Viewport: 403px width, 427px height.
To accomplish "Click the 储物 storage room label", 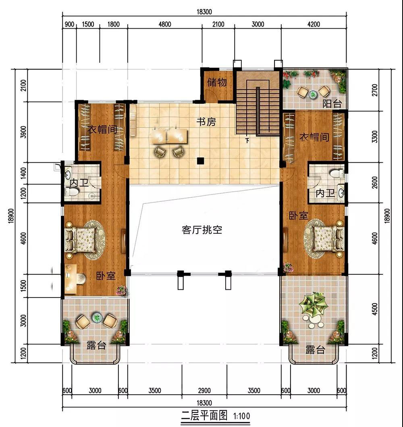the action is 217,82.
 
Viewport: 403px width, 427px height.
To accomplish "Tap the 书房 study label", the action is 206,122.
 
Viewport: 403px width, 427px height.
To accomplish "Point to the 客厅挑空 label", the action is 202,230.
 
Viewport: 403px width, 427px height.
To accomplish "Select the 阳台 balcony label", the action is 332,103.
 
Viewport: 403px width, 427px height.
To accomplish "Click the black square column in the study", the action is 200,161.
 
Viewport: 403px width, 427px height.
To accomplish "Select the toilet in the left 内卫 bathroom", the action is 72,193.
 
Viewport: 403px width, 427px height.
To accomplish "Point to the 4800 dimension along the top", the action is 165,24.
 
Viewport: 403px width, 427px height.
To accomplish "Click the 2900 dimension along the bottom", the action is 204,391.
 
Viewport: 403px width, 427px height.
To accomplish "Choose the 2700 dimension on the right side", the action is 375,90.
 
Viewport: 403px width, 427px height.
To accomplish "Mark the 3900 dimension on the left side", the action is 24,132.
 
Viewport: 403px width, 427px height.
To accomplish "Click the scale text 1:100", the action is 241,416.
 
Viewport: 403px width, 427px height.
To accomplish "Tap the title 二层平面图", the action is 204,416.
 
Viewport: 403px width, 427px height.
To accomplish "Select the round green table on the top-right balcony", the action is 313,94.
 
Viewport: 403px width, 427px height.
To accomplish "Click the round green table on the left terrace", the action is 97,318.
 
